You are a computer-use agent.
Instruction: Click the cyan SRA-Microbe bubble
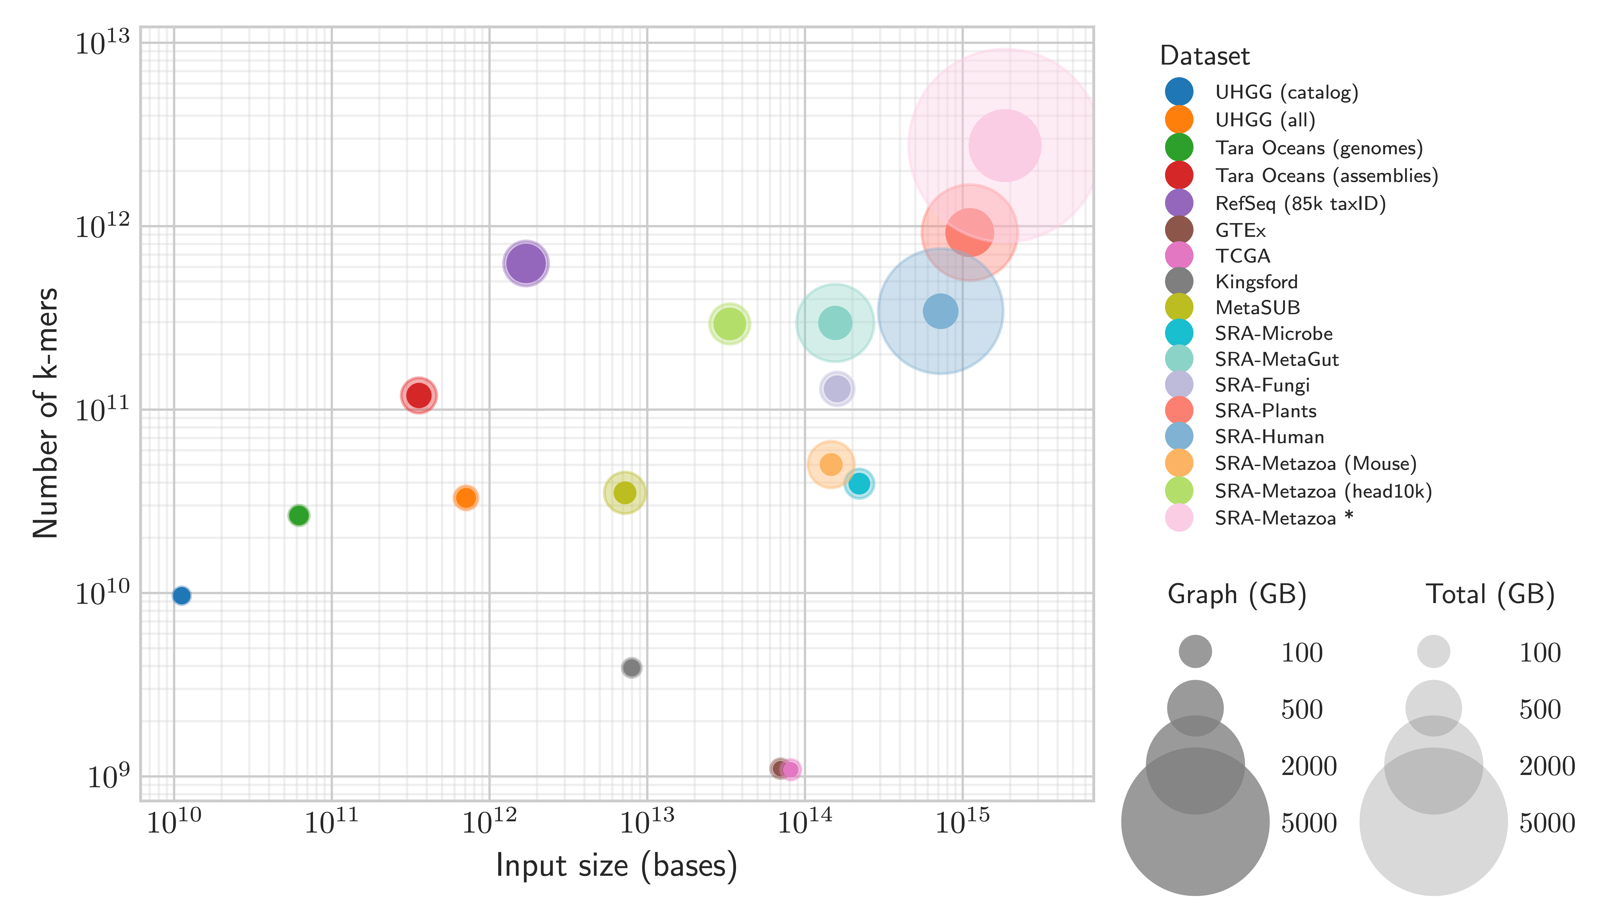859,483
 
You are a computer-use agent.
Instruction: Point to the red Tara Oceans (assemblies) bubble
419,395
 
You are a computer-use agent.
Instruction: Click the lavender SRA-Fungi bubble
837,389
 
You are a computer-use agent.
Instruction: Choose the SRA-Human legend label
1269,436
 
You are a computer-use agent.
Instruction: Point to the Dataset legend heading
1204,56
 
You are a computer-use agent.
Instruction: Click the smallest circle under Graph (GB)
1195,651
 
